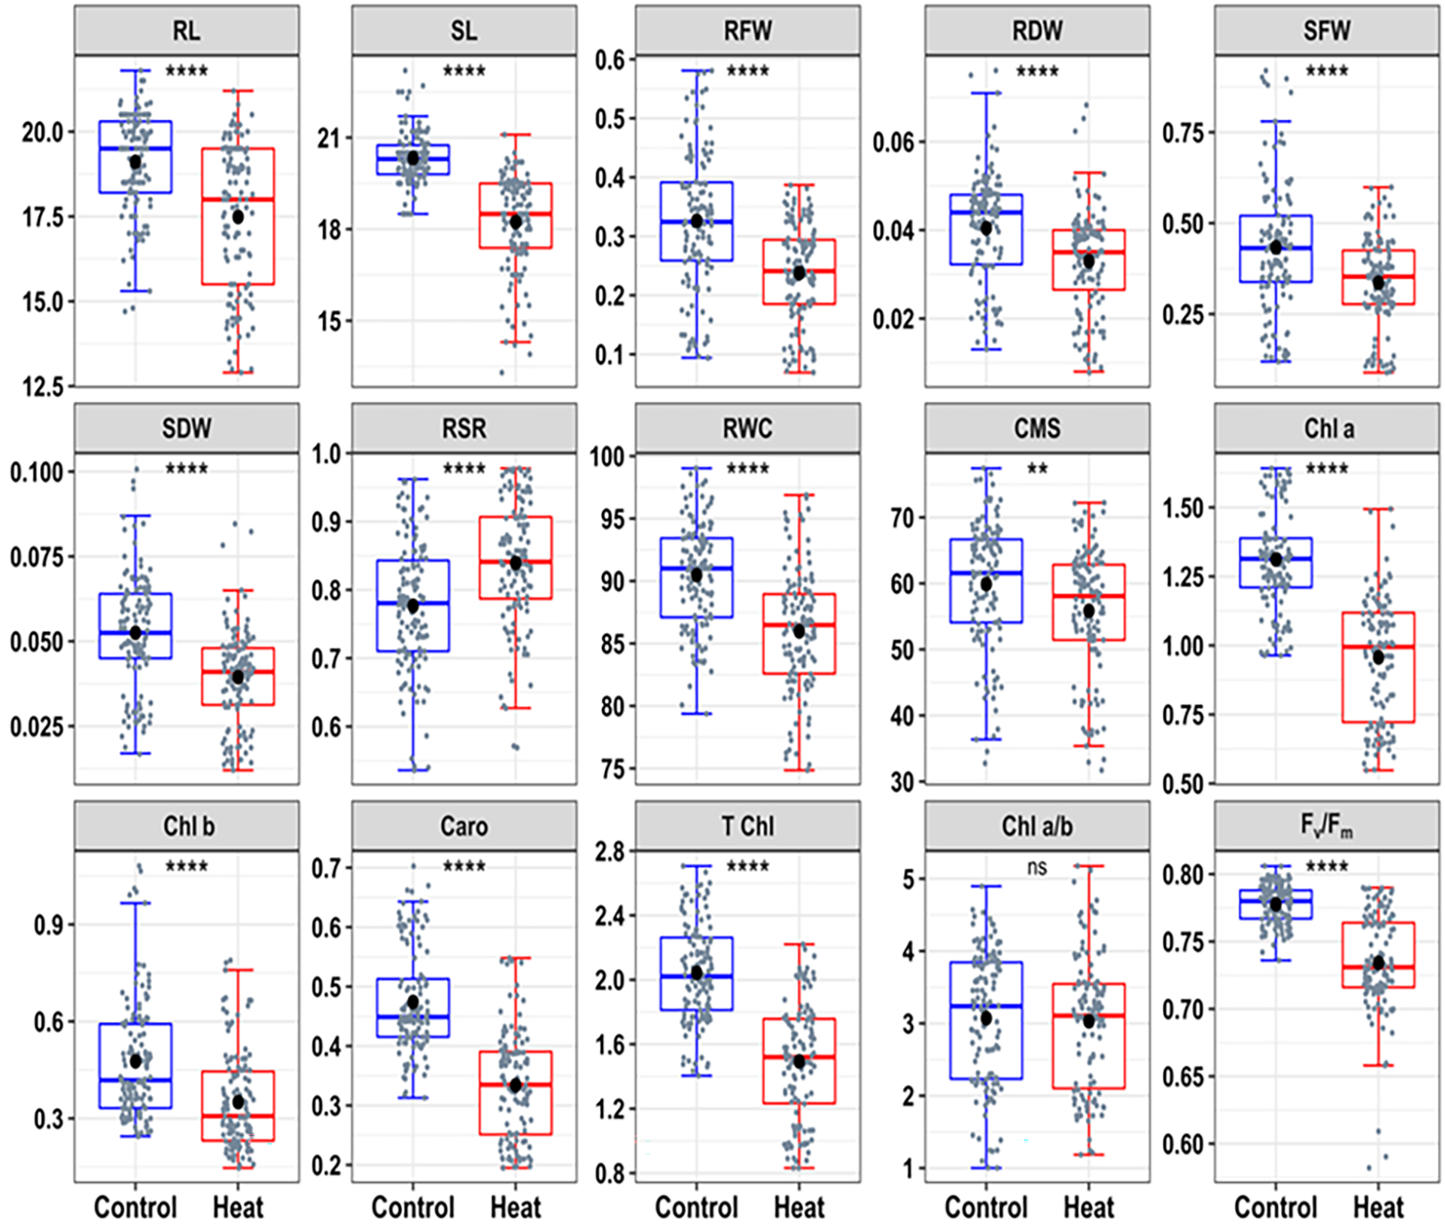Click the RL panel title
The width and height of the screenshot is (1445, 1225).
tap(187, 31)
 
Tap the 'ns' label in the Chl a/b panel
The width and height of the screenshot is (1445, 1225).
tap(1037, 867)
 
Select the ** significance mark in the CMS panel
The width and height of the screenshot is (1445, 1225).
tap(1037, 470)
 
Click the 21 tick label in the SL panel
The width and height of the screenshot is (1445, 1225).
tap(329, 138)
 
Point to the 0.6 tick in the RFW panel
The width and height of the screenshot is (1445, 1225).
tap(610, 59)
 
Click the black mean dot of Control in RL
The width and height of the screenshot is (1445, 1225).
tap(135, 162)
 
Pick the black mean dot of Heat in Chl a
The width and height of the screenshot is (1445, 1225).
tap(1379, 657)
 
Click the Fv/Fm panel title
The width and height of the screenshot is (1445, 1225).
tap(1326, 825)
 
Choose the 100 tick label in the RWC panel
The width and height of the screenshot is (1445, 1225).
tap(607, 456)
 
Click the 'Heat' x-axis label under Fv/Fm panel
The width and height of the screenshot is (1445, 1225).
tap(1379, 1208)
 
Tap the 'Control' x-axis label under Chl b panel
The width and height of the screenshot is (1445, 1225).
tap(135, 1208)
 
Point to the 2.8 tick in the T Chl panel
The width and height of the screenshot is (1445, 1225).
tap(610, 852)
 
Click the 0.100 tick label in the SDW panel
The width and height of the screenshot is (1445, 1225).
tap(42, 473)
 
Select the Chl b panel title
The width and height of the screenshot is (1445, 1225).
tap(188, 826)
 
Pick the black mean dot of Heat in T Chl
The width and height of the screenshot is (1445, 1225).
tap(799, 1062)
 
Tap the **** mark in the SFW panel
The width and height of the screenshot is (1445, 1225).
tap(1327, 71)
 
